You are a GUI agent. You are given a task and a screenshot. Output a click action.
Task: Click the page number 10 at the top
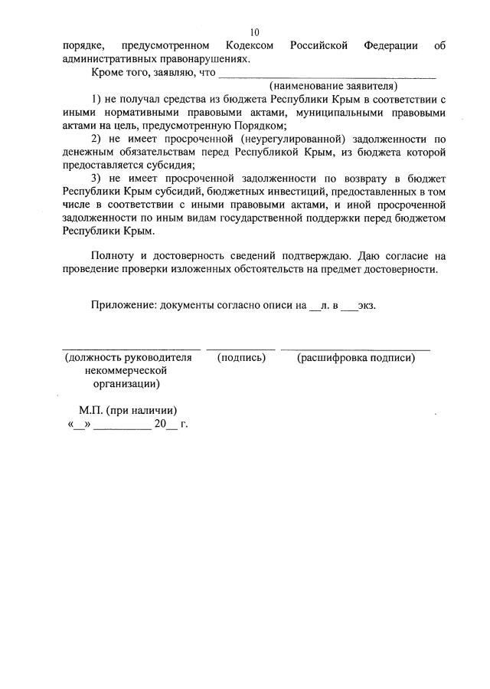click(255, 32)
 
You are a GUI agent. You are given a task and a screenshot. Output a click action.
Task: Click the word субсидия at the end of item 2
click(172, 165)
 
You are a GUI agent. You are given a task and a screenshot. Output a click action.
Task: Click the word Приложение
click(122, 304)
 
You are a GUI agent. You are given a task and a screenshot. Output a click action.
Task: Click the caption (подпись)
click(241, 358)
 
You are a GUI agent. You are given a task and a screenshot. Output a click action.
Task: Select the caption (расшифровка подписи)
click(355, 358)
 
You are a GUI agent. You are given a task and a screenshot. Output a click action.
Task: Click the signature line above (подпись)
click(240, 348)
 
